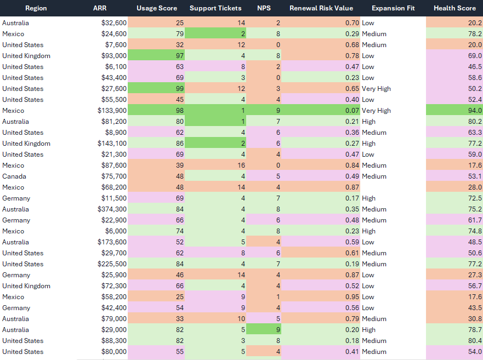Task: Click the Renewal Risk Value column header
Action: (321, 8)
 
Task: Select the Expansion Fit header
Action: (393, 8)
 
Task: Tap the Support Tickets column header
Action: (215, 8)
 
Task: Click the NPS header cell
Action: (264, 8)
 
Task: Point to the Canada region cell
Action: (14, 176)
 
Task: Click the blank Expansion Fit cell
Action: (393, 187)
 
